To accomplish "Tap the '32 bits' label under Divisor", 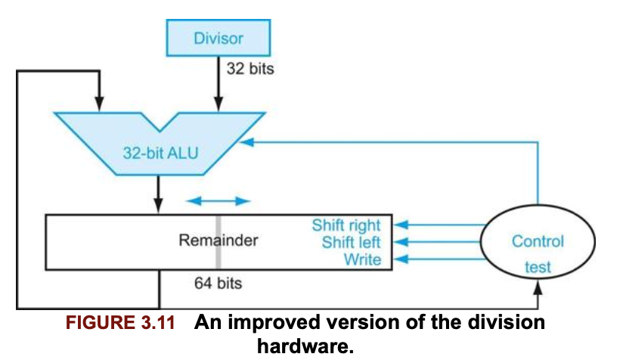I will point(250,68).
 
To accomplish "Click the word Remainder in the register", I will point(219,241).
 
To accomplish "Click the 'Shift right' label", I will point(346,225).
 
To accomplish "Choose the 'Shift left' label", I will point(352,242).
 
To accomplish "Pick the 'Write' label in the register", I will point(363,259).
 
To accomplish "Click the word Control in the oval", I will point(538,241).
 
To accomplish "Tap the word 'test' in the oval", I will point(538,267).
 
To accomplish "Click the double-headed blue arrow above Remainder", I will point(219,201).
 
